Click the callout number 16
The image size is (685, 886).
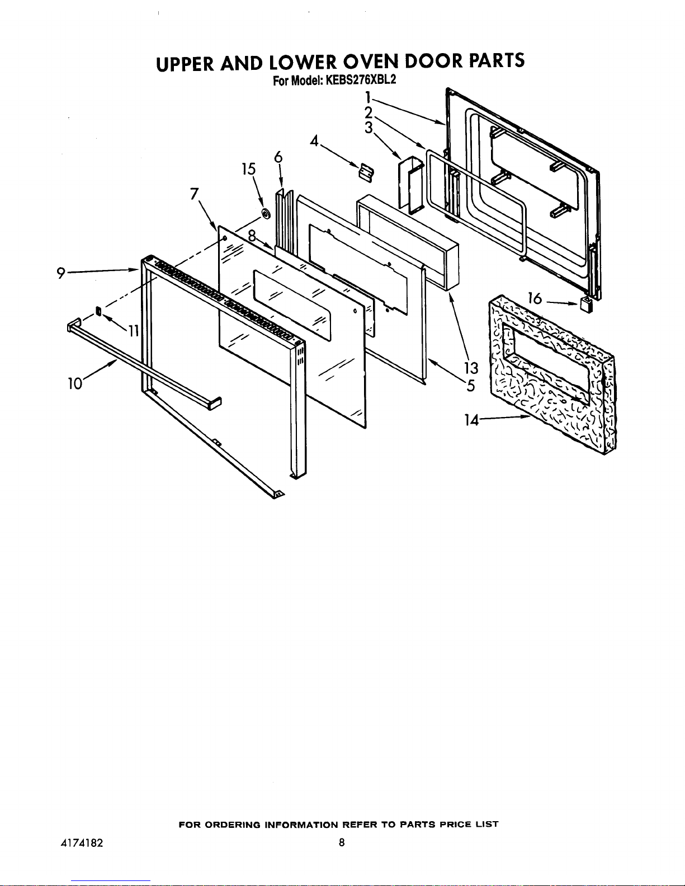click(535, 299)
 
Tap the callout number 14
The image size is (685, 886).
click(471, 420)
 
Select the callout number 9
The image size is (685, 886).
click(60, 272)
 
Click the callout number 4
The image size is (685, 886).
click(314, 140)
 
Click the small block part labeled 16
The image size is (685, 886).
click(585, 305)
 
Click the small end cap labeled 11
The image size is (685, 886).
click(99, 311)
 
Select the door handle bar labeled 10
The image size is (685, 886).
click(140, 363)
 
